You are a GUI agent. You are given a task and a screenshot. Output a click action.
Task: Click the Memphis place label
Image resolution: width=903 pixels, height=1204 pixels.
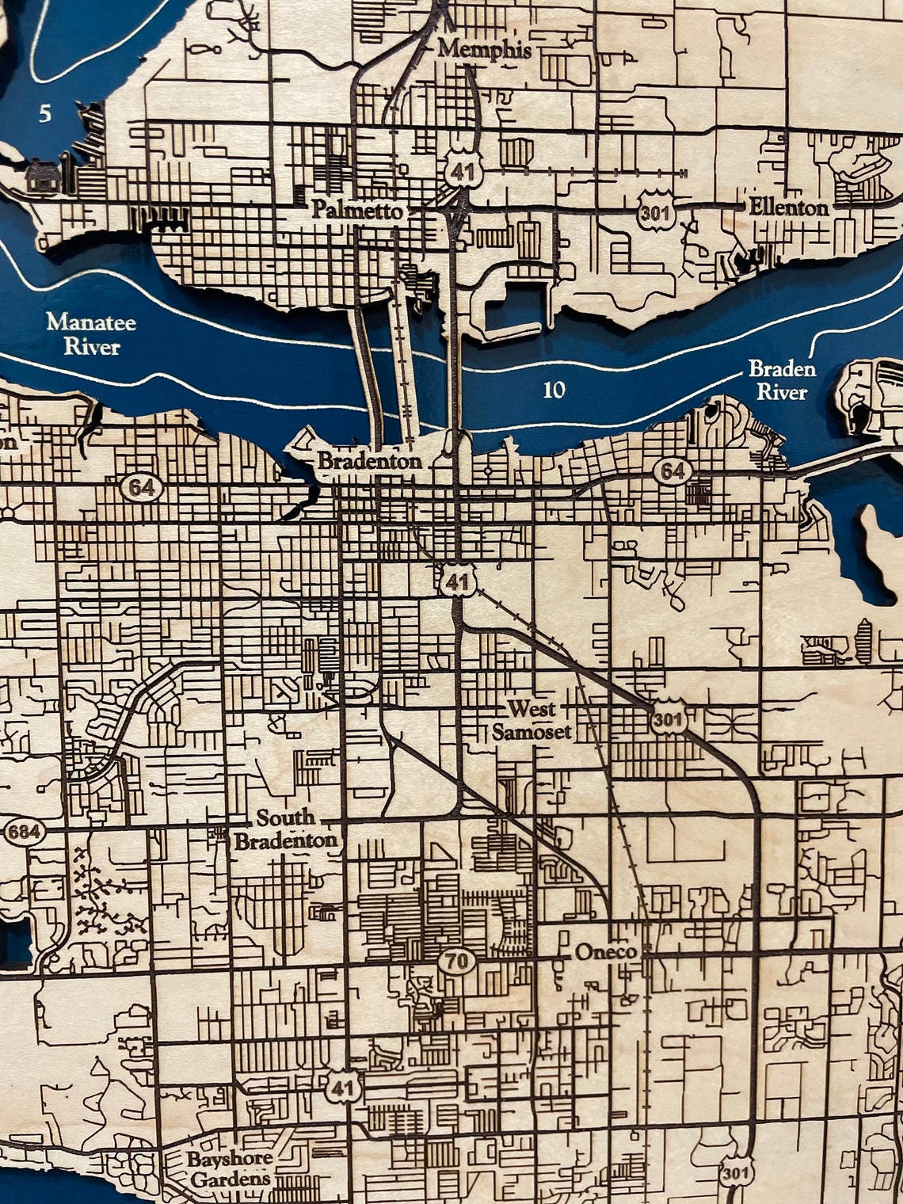[x=484, y=49]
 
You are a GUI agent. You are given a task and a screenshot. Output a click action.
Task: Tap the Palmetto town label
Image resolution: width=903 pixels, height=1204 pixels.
[x=356, y=211]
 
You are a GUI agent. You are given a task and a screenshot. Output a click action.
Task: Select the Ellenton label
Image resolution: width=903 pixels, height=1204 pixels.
[x=788, y=208]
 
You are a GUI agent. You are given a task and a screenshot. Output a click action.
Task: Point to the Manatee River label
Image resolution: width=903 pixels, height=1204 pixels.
[x=91, y=334]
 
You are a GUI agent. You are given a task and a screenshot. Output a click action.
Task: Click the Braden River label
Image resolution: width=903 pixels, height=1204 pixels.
[x=782, y=380]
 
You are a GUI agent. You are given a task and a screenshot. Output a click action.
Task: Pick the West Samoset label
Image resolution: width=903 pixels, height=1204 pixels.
[x=532, y=719]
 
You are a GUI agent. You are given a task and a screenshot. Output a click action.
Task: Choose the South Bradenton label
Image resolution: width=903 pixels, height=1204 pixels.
[x=286, y=829]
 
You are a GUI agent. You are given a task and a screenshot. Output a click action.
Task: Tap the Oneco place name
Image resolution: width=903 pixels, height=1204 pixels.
[x=606, y=951]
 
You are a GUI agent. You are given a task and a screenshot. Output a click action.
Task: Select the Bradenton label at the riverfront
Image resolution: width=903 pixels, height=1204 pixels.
[x=369, y=461]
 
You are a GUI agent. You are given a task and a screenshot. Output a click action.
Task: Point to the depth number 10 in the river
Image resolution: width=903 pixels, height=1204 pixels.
[x=554, y=389]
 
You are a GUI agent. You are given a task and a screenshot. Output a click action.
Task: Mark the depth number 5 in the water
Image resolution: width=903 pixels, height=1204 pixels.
[x=45, y=114]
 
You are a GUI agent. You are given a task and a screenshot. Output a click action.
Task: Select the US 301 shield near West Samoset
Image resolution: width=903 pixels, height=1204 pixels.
[x=667, y=720]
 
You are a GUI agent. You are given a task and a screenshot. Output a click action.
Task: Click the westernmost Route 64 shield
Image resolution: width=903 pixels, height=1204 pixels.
[x=143, y=487]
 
